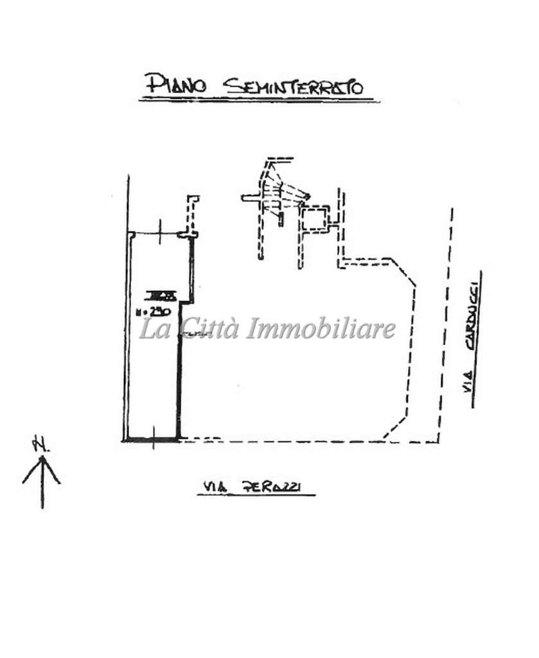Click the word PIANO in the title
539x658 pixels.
[175, 84]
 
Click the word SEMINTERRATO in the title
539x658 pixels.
[293, 86]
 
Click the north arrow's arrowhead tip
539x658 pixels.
[42, 457]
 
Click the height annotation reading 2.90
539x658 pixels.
[153, 312]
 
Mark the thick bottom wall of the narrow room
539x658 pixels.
[152, 440]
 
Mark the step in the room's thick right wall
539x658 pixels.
[186, 301]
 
